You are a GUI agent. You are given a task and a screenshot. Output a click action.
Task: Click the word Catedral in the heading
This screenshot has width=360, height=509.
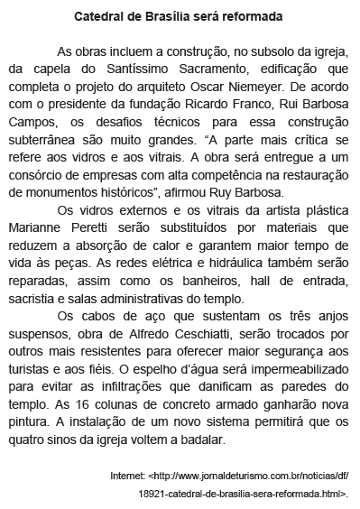(99, 17)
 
